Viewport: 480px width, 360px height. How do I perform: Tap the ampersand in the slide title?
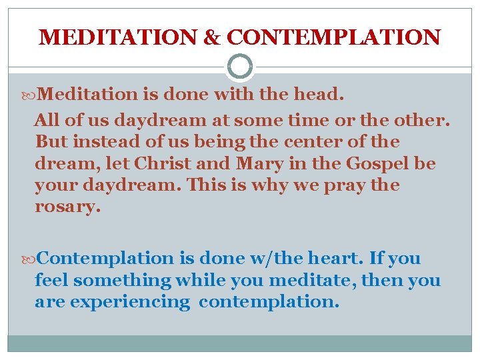[x=212, y=37]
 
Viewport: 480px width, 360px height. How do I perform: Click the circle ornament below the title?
[x=240, y=67]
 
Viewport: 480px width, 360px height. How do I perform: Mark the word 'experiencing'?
[x=130, y=302]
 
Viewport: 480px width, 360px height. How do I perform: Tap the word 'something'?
[x=122, y=281]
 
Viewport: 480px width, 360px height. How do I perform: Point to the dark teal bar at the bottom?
[x=240, y=343]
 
